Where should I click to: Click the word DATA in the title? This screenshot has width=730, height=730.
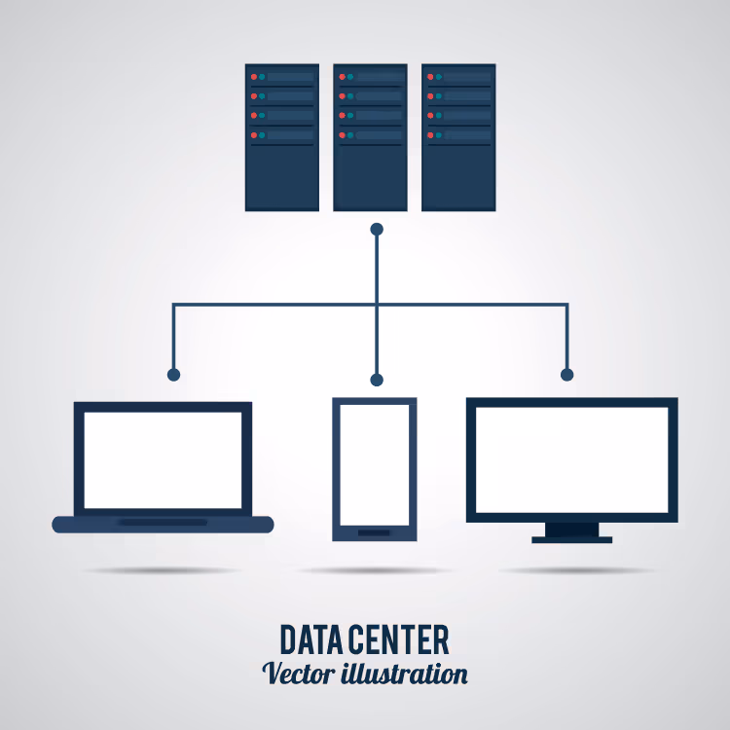click(x=313, y=640)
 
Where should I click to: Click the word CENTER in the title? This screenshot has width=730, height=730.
click(x=400, y=640)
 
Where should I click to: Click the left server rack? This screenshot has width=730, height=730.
click(x=282, y=137)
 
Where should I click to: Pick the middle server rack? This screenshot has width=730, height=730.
click(x=370, y=137)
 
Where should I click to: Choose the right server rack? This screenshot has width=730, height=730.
click(x=458, y=137)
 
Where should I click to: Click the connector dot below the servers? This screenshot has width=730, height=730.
click(x=377, y=229)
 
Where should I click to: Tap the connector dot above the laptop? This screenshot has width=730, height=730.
click(x=173, y=375)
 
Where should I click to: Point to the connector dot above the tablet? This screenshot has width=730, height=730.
click(x=377, y=380)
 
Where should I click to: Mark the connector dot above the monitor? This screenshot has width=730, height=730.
click(x=567, y=375)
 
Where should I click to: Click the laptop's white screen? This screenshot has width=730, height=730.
click(x=163, y=460)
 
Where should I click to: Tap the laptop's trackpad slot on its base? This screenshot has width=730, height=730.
click(x=163, y=523)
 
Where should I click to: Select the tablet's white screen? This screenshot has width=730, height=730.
click(x=375, y=464)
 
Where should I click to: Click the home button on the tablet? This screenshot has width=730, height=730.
click(x=374, y=533)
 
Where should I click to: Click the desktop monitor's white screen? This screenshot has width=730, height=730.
click(x=572, y=460)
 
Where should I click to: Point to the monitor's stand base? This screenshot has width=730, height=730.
click(x=572, y=540)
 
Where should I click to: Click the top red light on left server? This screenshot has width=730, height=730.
click(x=254, y=77)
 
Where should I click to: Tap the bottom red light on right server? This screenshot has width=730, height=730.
click(x=430, y=135)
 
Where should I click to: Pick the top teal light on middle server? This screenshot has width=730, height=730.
click(x=350, y=77)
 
